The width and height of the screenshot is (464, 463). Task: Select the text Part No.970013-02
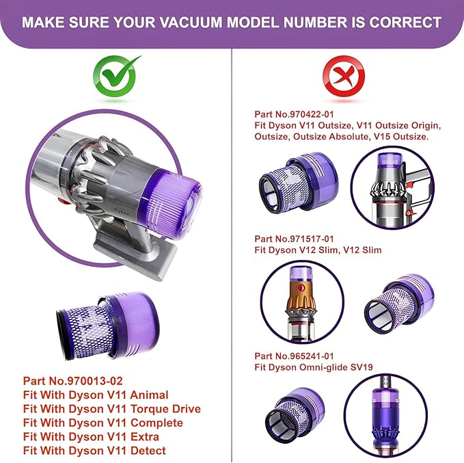point(73,380)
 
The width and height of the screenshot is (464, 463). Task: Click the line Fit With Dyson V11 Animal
point(96,395)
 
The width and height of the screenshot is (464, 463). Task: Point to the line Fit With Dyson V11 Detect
point(94,450)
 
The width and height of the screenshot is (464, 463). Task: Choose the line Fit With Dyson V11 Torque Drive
point(112,408)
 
